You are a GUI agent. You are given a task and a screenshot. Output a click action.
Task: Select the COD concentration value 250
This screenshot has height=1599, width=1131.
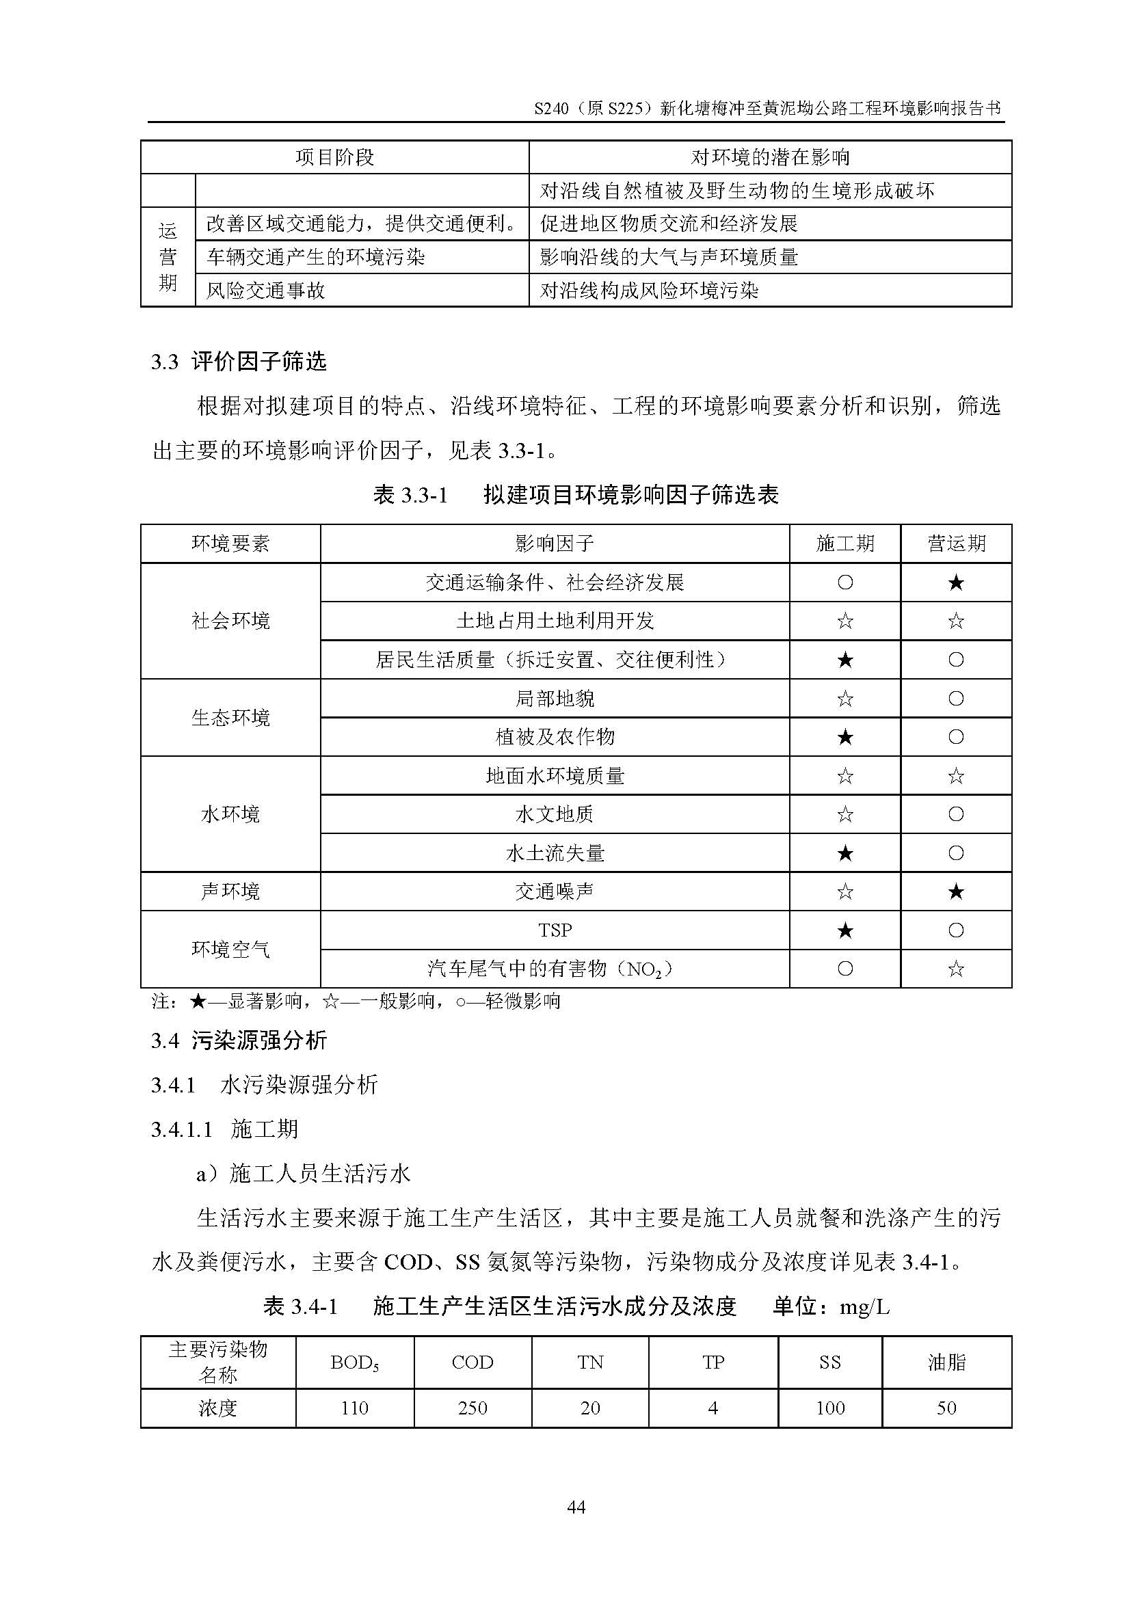473,1408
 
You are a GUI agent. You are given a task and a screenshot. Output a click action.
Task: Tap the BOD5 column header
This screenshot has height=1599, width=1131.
354,1363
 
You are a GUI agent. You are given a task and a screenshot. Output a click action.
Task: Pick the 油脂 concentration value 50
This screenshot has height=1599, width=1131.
946,1408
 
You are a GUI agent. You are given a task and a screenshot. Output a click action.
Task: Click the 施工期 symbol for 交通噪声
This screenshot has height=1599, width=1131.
844,891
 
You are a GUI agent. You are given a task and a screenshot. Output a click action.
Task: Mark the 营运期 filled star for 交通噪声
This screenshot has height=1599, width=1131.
955,891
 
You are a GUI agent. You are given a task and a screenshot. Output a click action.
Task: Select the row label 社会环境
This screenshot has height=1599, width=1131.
230,621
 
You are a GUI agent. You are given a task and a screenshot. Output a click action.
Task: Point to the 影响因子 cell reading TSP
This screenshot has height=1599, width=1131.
555,930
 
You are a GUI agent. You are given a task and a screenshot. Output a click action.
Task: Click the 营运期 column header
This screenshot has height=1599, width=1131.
955,543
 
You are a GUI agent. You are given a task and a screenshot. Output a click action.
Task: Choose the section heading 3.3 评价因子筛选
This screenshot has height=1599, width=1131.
239,362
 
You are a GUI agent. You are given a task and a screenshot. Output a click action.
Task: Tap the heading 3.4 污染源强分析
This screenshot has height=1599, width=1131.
239,1041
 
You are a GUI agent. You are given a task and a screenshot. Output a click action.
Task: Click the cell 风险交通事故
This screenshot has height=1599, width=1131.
265,291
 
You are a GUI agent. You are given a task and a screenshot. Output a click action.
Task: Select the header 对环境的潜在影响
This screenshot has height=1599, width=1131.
769,157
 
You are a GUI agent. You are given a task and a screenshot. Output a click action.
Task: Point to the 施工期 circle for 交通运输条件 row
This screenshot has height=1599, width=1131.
844,582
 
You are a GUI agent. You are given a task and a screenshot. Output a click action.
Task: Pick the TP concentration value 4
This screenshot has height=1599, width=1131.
713,1408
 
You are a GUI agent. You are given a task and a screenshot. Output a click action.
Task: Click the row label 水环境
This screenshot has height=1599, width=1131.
230,814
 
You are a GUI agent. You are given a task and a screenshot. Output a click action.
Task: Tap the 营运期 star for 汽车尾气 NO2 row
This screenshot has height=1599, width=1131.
955,969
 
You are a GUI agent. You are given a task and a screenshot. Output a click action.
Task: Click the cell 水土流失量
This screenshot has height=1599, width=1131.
555,853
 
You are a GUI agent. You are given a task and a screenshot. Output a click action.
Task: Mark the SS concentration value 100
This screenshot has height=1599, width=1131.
829,1408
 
